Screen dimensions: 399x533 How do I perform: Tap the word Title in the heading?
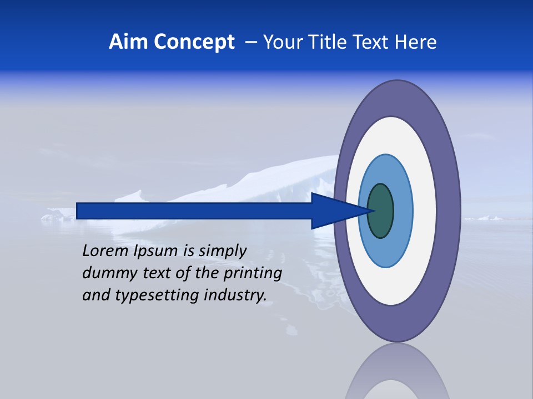[x=329, y=42]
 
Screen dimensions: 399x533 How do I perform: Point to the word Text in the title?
[x=373, y=42]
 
